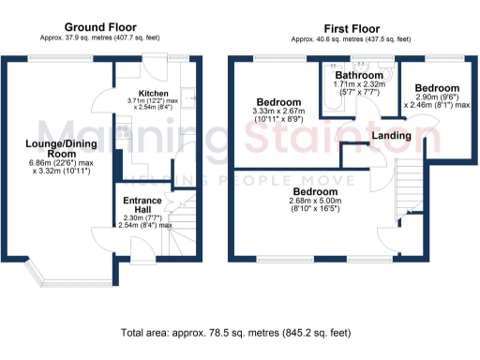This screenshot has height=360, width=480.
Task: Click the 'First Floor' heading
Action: point(351,28)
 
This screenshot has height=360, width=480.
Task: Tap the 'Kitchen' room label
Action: point(153,95)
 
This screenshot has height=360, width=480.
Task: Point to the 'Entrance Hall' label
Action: point(142,204)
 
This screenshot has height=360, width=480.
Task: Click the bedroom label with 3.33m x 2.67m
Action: point(279,102)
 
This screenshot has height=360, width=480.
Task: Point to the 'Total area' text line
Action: point(235,332)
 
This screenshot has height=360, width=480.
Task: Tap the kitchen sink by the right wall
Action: point(188,94)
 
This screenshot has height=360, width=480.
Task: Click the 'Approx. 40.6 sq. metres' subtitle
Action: point(351,39)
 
